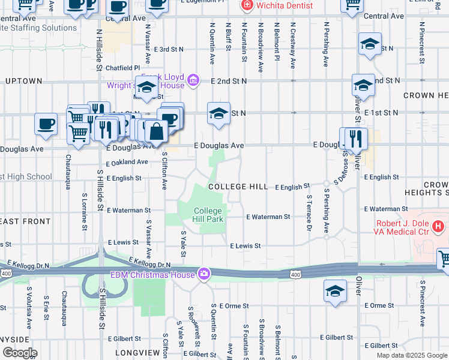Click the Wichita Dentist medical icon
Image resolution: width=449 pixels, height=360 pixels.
coord(246,5)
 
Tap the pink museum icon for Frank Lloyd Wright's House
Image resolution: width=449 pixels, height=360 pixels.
coord(193,80)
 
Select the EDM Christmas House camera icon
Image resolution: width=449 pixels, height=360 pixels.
coord(205,274)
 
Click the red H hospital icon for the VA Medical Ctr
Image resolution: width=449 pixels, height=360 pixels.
coord(439,226)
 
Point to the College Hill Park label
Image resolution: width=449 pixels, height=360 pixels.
coord(208,215)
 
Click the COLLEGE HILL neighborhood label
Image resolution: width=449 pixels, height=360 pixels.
coord(238,187)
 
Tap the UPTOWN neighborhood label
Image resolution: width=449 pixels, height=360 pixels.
coord(24,80)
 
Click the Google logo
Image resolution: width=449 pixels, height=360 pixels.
coord(19,353)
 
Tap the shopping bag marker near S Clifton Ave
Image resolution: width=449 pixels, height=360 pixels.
coord(156,131)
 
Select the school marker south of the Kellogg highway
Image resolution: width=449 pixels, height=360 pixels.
coord(335,292)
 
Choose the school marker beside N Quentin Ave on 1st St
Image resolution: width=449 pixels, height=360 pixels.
coord(218,113)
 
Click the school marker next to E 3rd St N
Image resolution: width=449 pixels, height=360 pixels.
coord(370,44)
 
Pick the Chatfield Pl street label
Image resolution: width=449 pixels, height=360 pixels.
coord(122,68)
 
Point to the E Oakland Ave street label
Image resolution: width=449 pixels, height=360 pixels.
coord(127,162)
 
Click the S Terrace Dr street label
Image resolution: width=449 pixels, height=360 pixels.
coord(309,213)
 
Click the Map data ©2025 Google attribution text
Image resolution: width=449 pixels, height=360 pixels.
coord(412,355)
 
